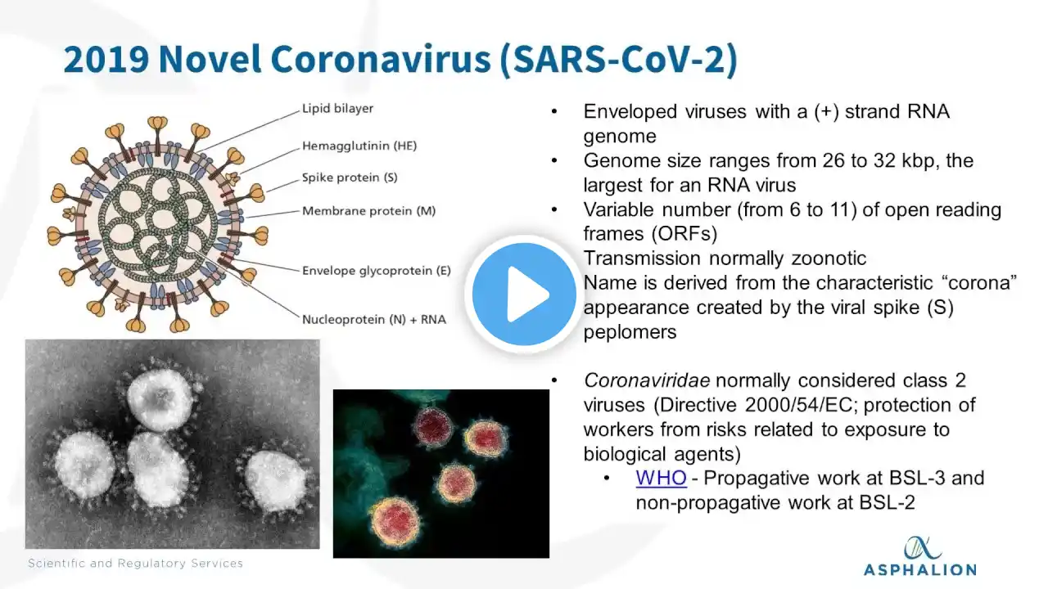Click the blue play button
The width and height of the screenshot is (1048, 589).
pos(524,294)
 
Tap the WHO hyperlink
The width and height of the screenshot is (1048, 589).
pos(661,479)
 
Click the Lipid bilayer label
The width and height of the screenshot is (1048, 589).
pos(338,109)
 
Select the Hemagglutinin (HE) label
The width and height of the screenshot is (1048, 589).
pos(359,146)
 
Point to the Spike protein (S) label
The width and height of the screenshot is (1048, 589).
pos(350,178)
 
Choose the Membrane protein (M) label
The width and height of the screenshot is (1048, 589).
pos(368,211)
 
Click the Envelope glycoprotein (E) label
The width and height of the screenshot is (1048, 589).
pos(377,271)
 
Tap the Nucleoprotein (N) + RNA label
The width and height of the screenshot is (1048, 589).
pos(374,320)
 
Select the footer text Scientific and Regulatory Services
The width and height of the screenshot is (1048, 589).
pos(135,564)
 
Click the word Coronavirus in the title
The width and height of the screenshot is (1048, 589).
pos(381,60)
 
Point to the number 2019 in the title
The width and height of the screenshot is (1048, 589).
pos(106,60)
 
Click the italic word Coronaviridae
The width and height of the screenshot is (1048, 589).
pos(647,380)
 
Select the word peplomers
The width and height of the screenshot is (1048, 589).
pos(630,333)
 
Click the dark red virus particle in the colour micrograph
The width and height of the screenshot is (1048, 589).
pos(433,426)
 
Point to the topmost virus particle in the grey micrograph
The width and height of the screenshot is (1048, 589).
pos(160,398)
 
